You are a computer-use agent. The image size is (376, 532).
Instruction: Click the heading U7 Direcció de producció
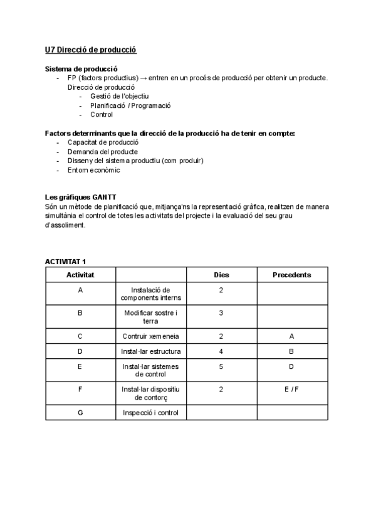pyautogui.click(x=90, y=50)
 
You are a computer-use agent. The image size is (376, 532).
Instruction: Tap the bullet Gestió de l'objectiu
pyautogui.click(x=119, y=96)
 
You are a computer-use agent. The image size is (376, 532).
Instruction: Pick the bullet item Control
pyautogui.click(x=102, y=115)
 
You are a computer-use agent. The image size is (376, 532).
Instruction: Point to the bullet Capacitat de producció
pyautogui.click(x=103, y=142)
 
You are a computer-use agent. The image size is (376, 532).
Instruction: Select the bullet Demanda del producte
pyautogui.click(x=103, y=152)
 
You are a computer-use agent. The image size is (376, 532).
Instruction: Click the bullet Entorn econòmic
pyautogui.click(x=93, y=170)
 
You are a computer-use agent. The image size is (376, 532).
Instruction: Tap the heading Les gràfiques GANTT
pyautogui.click(x=80, y=198)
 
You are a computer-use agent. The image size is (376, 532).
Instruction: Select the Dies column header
pyautogui.click(x=221, y=275)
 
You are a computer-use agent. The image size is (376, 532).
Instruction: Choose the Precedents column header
pyautogui.click(x=291, y=275)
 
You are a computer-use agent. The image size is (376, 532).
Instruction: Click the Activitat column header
pyautogui.click(x=80, y=275)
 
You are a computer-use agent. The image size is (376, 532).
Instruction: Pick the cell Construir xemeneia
pyautogui.click(x=150, y=336)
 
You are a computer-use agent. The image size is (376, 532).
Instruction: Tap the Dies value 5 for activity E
pyautogui.click(x=221, y=366)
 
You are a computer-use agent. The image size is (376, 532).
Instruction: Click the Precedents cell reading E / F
pyautogui.click(x=291, y=390)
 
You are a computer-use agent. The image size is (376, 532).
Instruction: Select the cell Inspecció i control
pyautogui.click(x=150, y=412)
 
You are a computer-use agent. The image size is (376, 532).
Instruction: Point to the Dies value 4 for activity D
pyautogui.click(x=221, y=351)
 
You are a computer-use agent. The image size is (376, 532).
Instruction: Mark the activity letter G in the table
pyautogui.click(x=80, y=412)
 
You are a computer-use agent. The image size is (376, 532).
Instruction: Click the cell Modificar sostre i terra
pyautogui.click(x=150, y=316)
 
